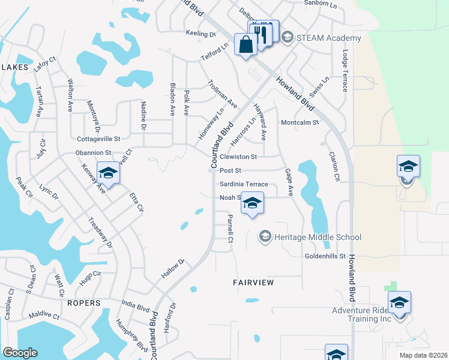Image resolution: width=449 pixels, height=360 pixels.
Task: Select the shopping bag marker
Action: pyautogui.click(x=246, y=44)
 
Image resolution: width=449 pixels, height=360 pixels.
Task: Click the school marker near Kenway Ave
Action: pyautogui.click(x=109, y=173)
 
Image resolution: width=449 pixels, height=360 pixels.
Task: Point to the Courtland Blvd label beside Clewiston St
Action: pyautogui.click(x=220, y=145)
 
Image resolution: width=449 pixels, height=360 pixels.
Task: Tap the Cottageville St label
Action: pyautogui.click(x=99, y=139)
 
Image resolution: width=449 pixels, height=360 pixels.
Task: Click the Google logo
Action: pyautogui.click(x=20, y=353)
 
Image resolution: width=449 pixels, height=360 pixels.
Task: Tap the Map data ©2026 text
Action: pyautogui.click(x=423, y=355)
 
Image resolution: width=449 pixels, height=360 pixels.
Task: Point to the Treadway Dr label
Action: pyautogui.click(x=101, y=232)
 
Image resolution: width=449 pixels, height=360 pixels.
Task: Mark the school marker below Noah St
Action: pyautogui.click(x=253, y=205)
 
